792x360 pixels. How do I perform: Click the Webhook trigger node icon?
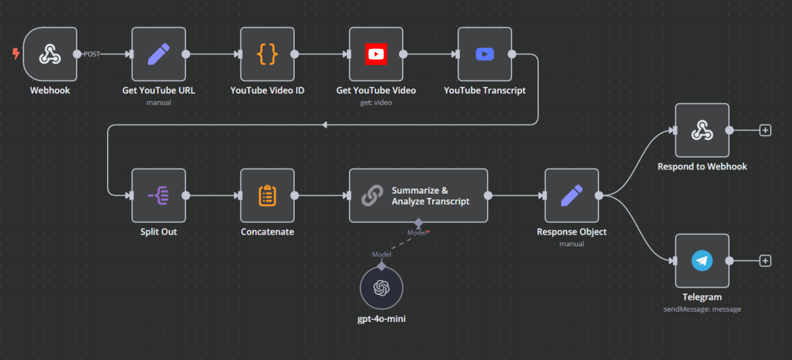50,54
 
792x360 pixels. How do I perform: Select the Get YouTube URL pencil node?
158,54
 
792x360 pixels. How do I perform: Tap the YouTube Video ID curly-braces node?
267,54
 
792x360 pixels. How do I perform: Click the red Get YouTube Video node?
375,54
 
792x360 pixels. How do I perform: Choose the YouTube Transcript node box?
484,54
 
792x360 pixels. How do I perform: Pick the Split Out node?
158,195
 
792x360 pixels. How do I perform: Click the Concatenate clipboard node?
267,195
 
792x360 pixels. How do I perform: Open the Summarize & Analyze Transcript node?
418,195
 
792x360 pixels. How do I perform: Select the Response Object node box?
571,195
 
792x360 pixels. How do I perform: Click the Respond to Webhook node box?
702,131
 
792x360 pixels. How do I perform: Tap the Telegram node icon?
702,261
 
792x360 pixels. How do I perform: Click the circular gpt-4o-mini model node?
381,288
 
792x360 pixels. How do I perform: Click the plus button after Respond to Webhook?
766,131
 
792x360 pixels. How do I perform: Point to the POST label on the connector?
92,54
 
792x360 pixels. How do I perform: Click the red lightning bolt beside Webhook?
15,54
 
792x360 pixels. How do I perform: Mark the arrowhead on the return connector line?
325,125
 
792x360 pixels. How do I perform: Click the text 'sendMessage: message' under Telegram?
702,309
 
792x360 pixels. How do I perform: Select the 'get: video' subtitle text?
375,103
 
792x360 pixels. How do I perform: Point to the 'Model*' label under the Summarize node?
419,232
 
